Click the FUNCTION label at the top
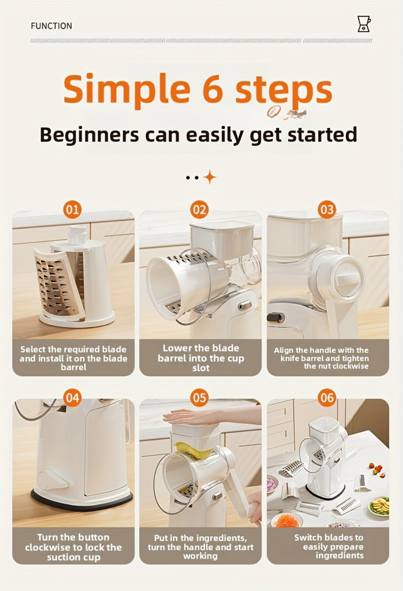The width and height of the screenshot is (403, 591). [x=51, y=26]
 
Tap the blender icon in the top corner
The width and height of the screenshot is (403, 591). [x=364, y=24]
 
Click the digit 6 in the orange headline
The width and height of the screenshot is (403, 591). [x=213, y=89]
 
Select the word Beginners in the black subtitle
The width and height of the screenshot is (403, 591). [x=89, y=135]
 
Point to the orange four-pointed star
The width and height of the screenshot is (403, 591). [x=210, y=177]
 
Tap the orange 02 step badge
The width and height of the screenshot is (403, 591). [x=199, y=210]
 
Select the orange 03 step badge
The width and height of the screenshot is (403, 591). [x=327, y=210]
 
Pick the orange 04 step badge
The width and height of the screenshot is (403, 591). [x=72, y=398]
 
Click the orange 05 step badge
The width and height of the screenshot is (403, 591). [x=199, y=398]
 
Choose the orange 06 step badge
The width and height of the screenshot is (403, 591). [x=327, y=398]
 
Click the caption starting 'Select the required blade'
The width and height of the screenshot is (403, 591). [x=73, y=358]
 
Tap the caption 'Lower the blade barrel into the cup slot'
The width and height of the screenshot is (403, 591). [x=201, y=358]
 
